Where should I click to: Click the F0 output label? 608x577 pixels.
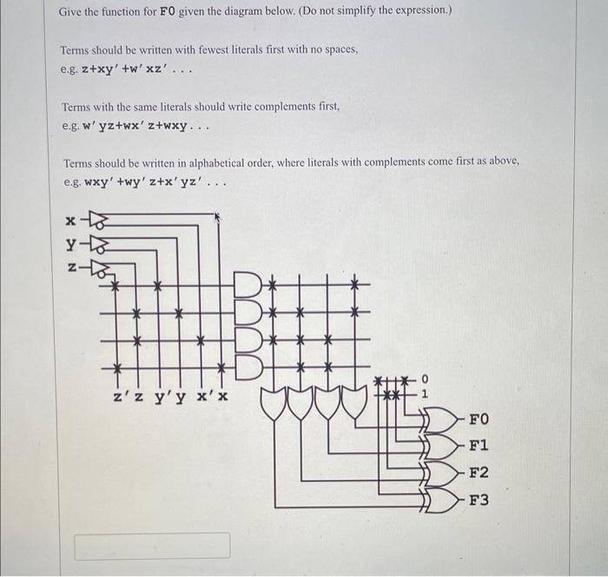pyautogui.click(x=479, y=420)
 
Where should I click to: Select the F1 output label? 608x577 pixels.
pyautogui.click(x=479, y=446)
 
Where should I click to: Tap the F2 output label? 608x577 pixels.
pyautogui.click(x=479, y=474)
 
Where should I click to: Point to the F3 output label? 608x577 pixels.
pyautogui.click(x=479, y=501)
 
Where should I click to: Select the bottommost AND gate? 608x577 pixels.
pyautogui.click(x=249, y=360)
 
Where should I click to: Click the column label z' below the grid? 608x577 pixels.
pyautogui.click(x=122, y=397)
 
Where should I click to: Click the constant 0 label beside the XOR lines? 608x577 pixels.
pyautogui.click(x=424, y=378)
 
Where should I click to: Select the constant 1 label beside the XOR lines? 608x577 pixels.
pyautogui.click(x=424, y=393)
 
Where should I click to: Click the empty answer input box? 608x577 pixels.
pyautogui.click(x=152, y=546)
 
